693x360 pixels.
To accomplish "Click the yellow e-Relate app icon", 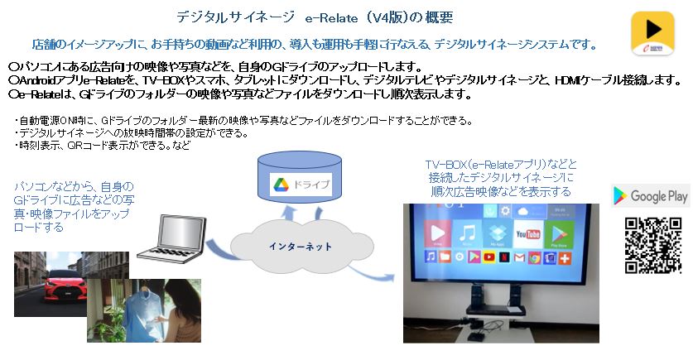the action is pos(652,34).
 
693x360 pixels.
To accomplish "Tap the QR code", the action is pos(652,246).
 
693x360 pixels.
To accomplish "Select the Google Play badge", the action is pos(651,195).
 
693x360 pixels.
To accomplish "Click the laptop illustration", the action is pos(172,238).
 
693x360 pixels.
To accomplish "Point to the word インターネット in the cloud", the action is pos(301,247).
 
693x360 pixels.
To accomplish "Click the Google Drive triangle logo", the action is pos(281,185).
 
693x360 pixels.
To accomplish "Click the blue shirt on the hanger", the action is pos(142,310).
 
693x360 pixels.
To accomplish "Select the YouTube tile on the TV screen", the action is pos(527,233).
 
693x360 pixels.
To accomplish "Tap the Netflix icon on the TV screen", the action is pos(504,257).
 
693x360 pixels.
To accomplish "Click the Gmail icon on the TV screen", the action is pos(519,257).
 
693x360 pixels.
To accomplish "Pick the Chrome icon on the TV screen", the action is pos(535,257).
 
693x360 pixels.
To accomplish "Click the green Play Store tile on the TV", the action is pos(559,233).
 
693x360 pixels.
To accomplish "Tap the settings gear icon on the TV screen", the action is pos(505,211).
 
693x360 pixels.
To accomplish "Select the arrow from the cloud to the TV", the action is pos(370,273).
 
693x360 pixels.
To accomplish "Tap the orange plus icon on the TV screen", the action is pos(565,258).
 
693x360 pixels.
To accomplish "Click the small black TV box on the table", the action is pos(475,337).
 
